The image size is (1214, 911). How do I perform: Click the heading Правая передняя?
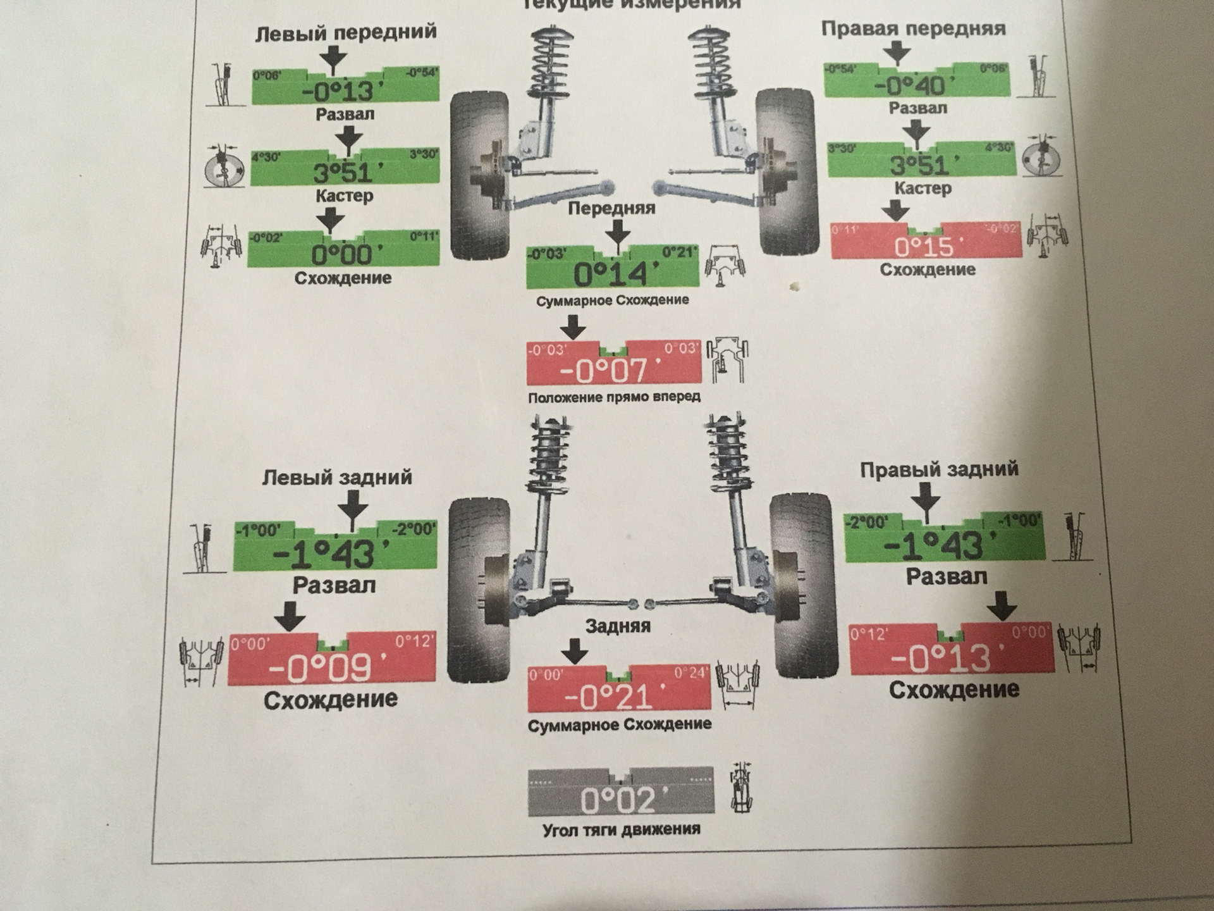click(913, 28)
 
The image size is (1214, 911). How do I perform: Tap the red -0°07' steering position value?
click(613, 371)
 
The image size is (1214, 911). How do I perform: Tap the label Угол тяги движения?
click(622, 829)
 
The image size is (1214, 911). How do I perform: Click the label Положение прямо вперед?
click(614, 397)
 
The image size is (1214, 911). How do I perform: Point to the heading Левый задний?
click(337, 477)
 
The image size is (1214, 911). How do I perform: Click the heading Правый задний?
click(939, 469)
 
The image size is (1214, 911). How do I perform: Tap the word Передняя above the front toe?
click(611, 208)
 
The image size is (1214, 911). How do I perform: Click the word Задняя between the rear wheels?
click(618, 626)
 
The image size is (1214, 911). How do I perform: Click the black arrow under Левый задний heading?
click(353, 504)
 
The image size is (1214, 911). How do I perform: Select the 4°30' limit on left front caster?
click(266, 157)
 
